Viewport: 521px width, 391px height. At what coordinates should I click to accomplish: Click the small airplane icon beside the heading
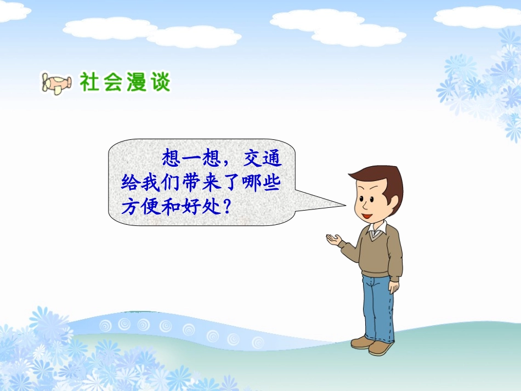point(56,83)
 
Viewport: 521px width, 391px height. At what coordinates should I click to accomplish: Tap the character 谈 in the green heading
point(160,82)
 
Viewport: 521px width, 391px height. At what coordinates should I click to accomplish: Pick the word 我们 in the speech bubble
point(164,183)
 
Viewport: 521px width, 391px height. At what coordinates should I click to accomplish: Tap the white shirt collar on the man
point(377,231)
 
